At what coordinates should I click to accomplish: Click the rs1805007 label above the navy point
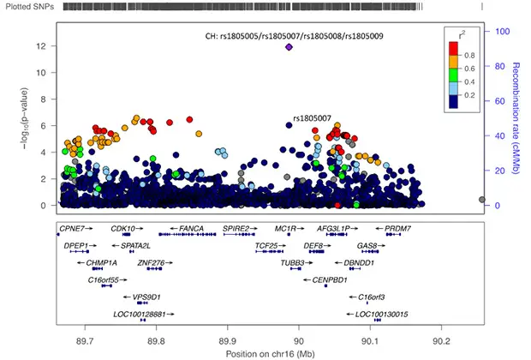pos(313,118)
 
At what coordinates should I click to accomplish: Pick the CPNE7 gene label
pos(71,229)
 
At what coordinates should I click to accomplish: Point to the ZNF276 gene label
pos(151,263)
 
